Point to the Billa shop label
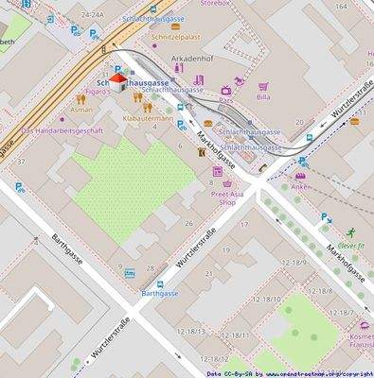pos(263,96)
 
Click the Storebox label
pos(216,4)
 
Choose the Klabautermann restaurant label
pos(148,118)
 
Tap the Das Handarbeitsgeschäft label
pos(62,130)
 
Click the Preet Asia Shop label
pos(226,197)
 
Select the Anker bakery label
pos(301,186)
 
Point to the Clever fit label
pos(350,244)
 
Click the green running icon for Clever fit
pos(349,232)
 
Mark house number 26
pos(188,223)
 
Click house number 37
pos(20,162)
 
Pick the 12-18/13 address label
pos(189,331)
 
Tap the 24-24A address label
pos(93,15)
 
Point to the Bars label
pos(225,99)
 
